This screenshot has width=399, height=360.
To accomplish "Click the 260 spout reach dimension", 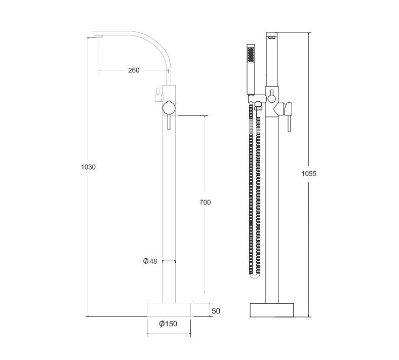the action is click(x=134, y=70).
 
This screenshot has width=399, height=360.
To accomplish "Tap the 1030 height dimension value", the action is click(x=88, y=167).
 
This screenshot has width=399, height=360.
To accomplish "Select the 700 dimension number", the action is click(x=205, y=202).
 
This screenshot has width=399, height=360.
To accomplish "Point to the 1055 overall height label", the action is click(x=309, y=174).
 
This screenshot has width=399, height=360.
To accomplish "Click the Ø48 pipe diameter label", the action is click(x=150, y=261).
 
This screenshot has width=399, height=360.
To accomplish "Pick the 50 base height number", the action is click(x=216, y=311).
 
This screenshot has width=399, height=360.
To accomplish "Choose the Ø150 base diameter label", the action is click(x=168, y=324).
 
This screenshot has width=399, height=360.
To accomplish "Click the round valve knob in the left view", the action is click(x=169, y=108).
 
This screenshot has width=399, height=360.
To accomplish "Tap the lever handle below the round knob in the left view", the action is click(x=169, y=122).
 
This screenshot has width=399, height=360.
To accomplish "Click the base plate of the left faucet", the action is click(x=169, y=310).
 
